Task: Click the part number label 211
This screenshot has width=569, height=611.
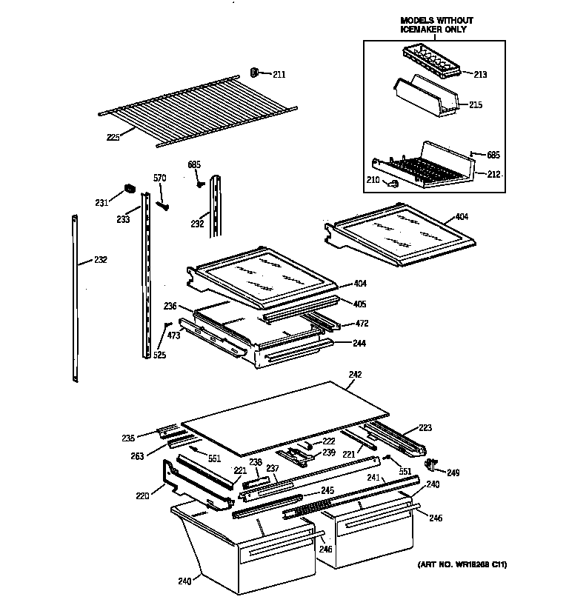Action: click(279, 74)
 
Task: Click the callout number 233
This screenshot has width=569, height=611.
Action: click(123, 219)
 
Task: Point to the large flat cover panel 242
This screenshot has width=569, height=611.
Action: click(285, 418)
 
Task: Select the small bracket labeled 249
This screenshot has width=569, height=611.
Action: click(430, 464)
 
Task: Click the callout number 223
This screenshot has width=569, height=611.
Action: click(425, 427)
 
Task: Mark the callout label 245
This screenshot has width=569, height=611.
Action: click(327, 491)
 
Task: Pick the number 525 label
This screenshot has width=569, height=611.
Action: click(159, 355)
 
